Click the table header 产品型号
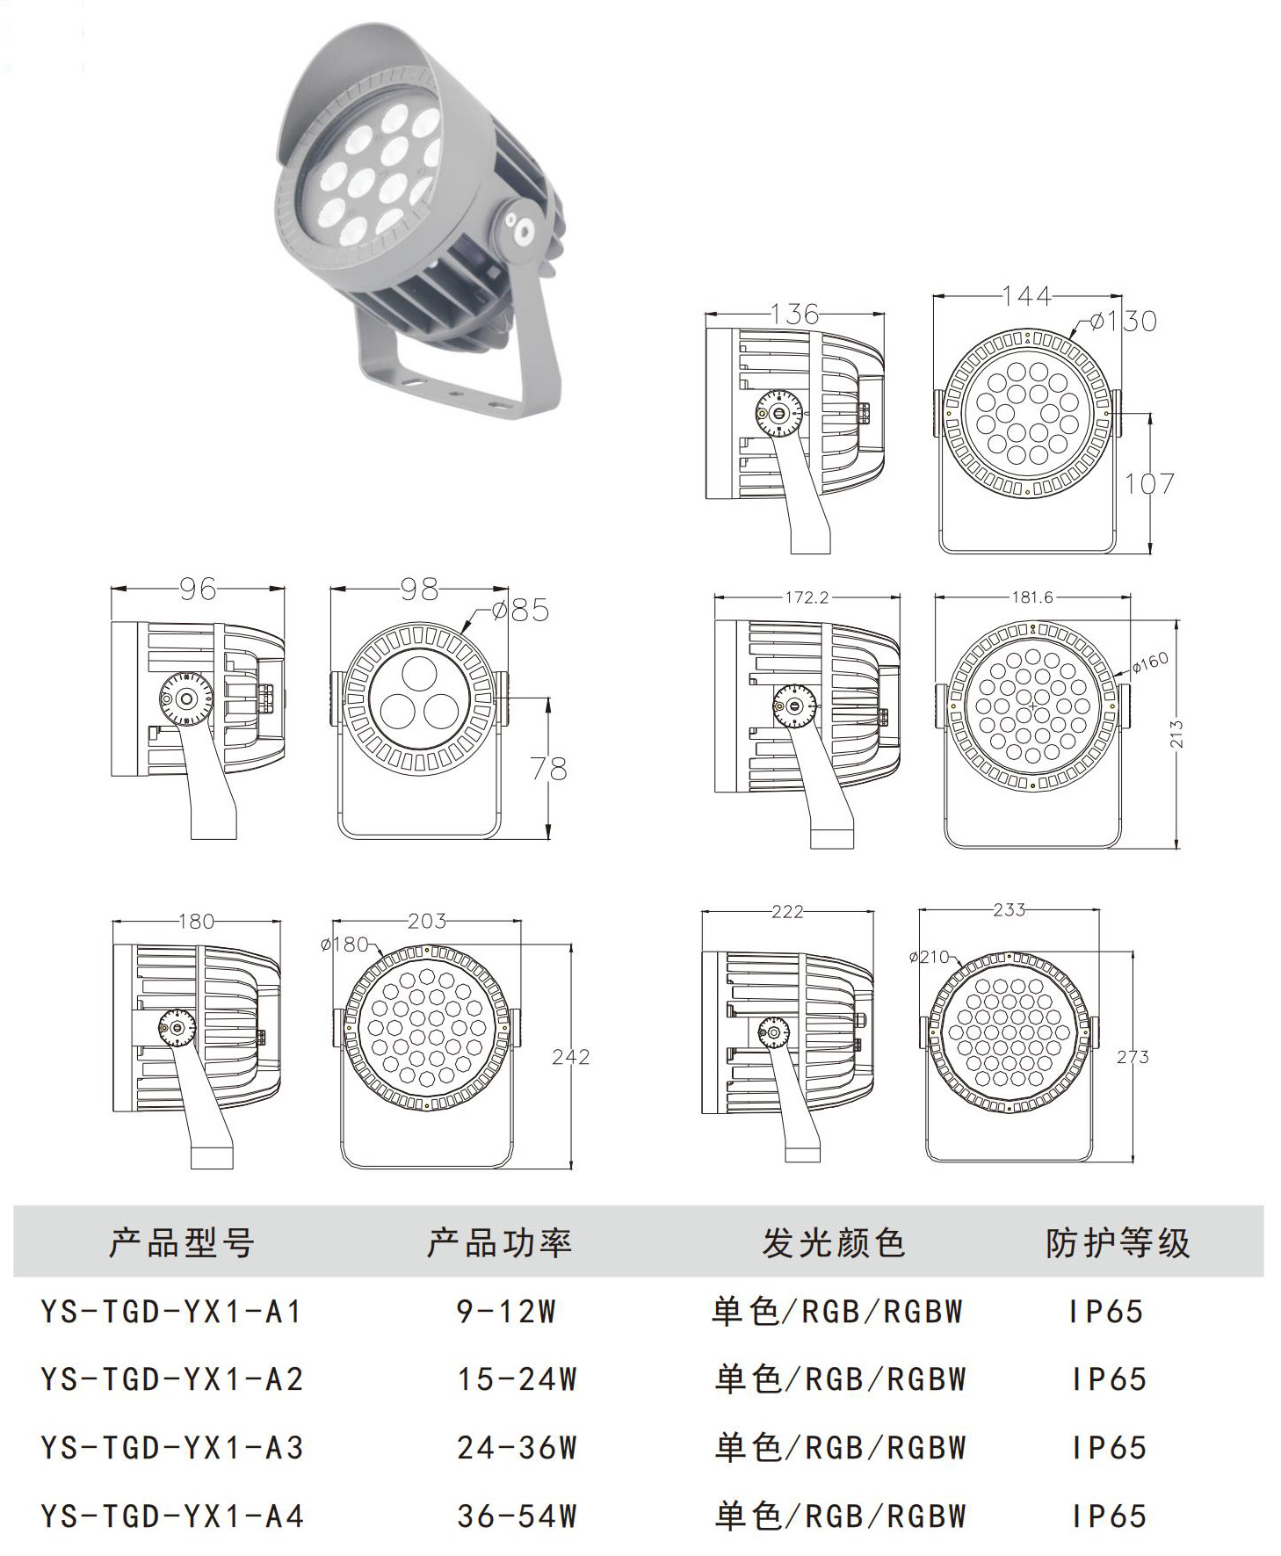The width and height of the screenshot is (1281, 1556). click(x=182, y=1242)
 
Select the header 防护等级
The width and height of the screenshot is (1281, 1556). click(x=1118, y=1242)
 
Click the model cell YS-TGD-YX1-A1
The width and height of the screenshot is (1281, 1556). click(x=171, y=1312)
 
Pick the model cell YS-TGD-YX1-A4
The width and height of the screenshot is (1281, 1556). click(x=171, y=1516)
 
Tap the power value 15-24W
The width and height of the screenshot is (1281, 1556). click(x=517, y=1379)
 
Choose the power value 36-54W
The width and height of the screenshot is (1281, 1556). click(x=517, y=1516)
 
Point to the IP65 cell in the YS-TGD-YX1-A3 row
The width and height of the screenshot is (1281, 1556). click(x=1109, y=1448)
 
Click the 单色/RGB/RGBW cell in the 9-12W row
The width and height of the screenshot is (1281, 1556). click(x=837, y=1312)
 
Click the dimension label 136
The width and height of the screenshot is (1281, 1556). click(x=795, y=314)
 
